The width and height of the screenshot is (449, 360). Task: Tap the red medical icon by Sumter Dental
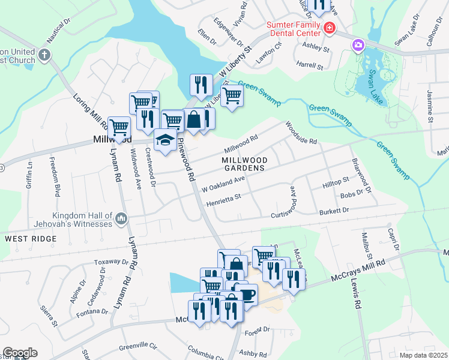[x=329, y=28]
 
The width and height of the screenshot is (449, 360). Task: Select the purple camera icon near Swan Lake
[x=358, y=45]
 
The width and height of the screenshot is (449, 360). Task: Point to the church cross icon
[x=44, y=55]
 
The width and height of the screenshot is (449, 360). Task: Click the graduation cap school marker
[x=166, y=140]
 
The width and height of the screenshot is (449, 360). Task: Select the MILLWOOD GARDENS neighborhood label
[x=243, y=164]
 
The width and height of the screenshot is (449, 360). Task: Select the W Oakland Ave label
[x=223, y=183]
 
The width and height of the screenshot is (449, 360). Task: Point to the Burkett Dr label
[x=334, y=211]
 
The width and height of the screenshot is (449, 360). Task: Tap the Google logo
[x=20, y=353]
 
